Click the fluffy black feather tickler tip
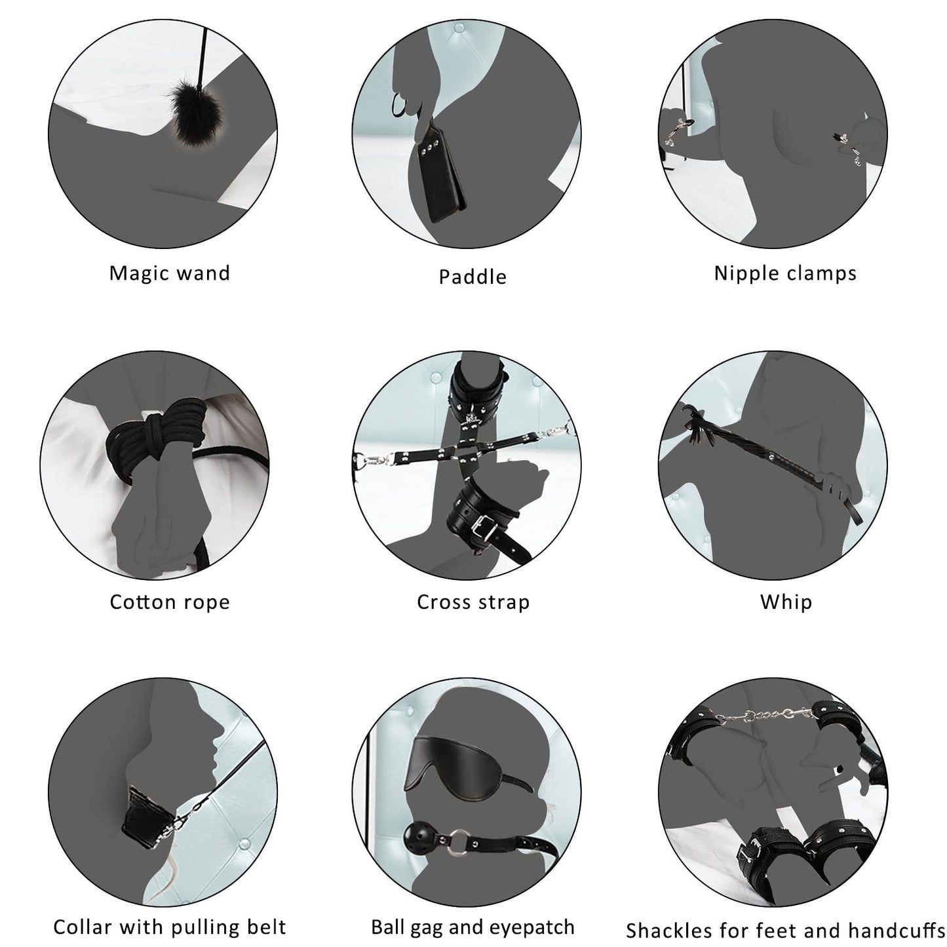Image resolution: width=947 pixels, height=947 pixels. click(193, 115)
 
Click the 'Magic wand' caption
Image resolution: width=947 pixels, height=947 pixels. click(170, 273)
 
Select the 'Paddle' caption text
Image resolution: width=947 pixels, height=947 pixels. click(473, 277)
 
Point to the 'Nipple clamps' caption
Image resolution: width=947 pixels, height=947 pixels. click(785, 273)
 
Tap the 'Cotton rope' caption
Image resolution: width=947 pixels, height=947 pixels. click(170, 602)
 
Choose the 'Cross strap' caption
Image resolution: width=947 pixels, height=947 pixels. click(473, 602)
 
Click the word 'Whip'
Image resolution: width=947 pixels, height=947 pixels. click(786, 602)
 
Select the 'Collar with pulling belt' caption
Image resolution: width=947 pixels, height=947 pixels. click(170, 927)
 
